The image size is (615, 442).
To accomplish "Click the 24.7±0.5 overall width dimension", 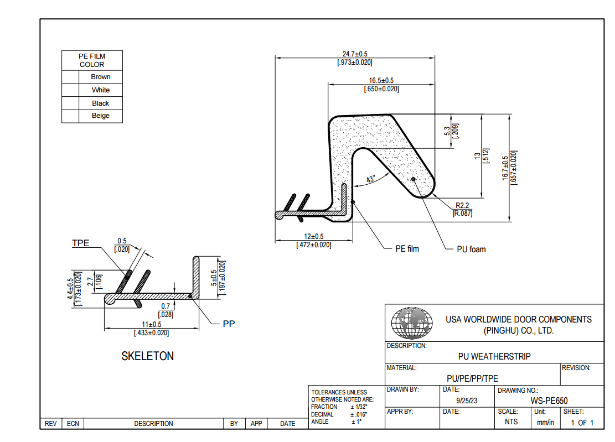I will coord(355,54).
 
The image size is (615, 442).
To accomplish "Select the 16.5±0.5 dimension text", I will coord(381,81).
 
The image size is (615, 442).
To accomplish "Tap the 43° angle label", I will coord(371,179).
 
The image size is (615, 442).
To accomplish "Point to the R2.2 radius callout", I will coord(462,205).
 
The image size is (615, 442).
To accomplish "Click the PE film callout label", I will coord(407,249).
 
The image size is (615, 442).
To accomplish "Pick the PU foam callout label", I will coord(471,249).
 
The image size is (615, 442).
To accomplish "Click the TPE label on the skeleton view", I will coord(80,243).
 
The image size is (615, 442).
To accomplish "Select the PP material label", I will coord(229,324).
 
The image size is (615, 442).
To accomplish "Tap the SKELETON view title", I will coord(147,356).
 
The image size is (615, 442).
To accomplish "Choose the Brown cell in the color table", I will coord(101,77).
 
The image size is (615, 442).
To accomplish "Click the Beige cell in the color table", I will coord(101,116).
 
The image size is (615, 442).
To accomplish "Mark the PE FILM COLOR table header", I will coord(92,60).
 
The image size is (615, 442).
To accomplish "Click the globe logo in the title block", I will coord(412,323).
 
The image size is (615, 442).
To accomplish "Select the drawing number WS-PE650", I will coord(549,401).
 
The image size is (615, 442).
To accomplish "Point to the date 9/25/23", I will coord(466,400).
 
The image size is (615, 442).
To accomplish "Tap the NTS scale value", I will coord(511,422).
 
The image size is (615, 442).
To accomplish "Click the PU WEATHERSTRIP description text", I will coord(494,357).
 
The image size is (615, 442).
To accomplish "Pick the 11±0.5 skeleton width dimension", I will coord(151,324).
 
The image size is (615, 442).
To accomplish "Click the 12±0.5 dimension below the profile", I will coord(313,237).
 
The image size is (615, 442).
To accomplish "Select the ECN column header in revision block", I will coord(73,424).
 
